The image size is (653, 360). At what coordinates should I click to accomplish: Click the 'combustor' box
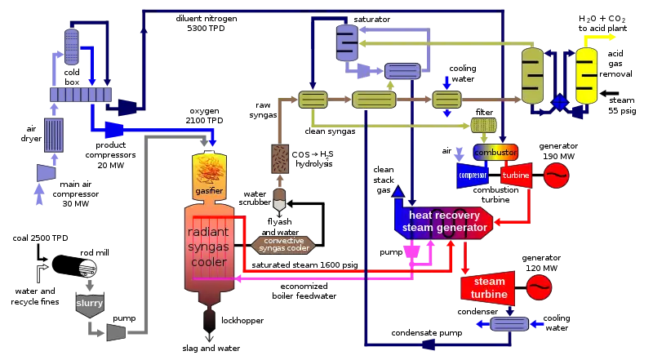tap(495, 153)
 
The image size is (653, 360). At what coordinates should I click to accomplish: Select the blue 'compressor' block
tap(473, 175)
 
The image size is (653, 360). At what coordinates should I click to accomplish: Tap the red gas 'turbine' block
tap(517, 175)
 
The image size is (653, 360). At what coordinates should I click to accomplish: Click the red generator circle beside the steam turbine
tap(538, 287)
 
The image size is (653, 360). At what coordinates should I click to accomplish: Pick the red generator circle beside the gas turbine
tap(555, 175)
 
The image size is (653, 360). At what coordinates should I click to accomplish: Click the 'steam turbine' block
tap(488, 287)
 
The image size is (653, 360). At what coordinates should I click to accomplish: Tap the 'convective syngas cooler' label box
tap(284, 244)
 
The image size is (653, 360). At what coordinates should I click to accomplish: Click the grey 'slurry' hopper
tap(89, 304)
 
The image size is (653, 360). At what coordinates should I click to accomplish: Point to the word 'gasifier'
tap(209, 191)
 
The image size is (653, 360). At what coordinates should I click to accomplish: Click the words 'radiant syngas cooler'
tap(209, 241)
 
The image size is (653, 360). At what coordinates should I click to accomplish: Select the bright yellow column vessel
tap(585, 76)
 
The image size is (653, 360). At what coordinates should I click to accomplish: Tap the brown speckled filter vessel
tap(281, 159)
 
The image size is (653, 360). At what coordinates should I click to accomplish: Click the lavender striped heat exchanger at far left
tap(54, 135)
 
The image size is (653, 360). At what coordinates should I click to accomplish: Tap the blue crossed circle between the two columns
tap(560, 103)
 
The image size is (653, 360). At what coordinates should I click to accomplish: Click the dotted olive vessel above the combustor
tap(485, 126)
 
